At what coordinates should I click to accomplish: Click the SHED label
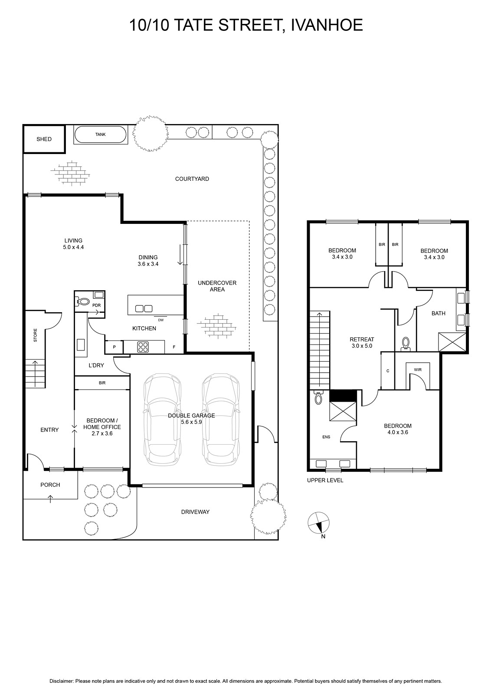click(x=44, y=139)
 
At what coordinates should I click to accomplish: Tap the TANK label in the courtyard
click(x=100, y=134)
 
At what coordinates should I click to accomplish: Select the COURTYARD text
click(x=192, y=179)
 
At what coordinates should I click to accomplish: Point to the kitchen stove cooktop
click(x=143, y=347)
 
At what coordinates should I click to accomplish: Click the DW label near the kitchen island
click(x=161, y=320)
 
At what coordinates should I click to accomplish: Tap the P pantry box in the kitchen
click(x=114, y=347)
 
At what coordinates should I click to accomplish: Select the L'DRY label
click(x=96, y=365)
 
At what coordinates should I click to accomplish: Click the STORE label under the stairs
click(x=35, y=335)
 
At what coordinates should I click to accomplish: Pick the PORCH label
click(x=50, y=484)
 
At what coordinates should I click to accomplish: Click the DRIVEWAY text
click(x=196, y=512)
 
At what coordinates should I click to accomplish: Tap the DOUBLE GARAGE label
click(x=191, y=416)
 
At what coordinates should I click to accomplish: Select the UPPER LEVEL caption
click(x=325, y=481)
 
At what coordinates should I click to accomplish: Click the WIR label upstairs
click(x=418, y=370)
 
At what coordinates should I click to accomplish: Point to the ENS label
click(x=326, y=437)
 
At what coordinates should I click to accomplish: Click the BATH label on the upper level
click(x=439, y=313)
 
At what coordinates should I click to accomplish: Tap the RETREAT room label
click(x=362, y=339)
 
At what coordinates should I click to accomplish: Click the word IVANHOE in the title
click(x=327, y=25)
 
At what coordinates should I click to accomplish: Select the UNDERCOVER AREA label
click(x=217, y=286)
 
